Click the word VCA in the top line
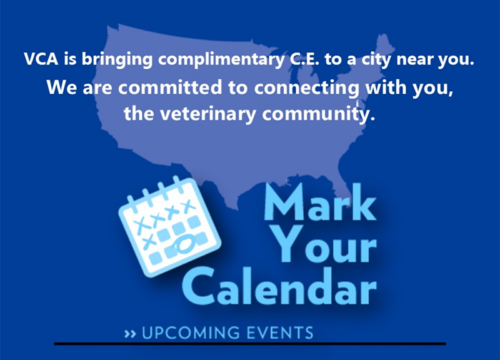pos(41,59)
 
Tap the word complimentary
pos(221,61)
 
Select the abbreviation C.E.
pos(304,59)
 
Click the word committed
pos(170,87)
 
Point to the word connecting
pos(307,89)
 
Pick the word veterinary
pos(208,114)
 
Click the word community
pos(318,114)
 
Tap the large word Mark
pos(320,202)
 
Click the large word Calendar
pos(279,286)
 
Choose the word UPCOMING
pos(191,332)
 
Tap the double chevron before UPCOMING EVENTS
pos(130,334)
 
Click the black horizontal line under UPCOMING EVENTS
pos(250,344)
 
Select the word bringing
pos(117,60)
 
